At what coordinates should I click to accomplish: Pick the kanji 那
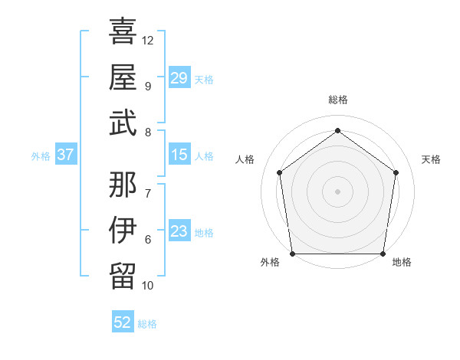coord(123,183)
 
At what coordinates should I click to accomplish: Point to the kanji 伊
coord(123,230)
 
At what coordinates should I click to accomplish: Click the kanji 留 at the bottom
coord(123,276)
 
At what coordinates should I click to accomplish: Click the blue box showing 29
coord(179,78)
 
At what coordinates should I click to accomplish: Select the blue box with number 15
coord(179,155)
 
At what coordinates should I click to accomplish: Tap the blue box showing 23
coord(179,232)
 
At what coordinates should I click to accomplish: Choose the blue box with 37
coord(66,155)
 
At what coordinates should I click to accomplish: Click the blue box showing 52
coord(123,322)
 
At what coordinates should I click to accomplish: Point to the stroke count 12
coord(148,40)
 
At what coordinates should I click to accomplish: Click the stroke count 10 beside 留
coord(148,286)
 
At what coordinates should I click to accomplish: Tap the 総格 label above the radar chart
coord(337,100)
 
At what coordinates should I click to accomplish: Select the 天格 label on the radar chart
coord(432,159)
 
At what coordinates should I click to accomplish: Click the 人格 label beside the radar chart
coord(245,159)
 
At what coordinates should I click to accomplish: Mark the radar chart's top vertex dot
coord(337,130)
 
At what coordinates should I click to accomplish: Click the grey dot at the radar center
coord(337,191)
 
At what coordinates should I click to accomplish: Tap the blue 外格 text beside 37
coord(41,156)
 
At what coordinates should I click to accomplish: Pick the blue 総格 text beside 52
coord(147,324)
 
